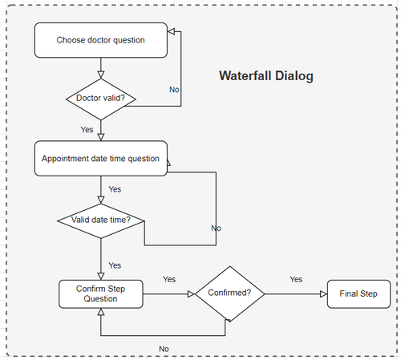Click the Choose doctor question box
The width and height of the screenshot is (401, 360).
click(x=100, y=40)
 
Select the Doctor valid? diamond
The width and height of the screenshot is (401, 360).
click(x=100, y=99)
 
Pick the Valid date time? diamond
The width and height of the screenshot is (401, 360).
click(x=100, y=220)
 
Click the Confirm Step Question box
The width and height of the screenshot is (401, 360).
click(x=100, y=293)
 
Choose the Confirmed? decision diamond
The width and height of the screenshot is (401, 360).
click(x=229, y=293)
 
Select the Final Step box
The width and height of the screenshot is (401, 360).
click(x=358, y=293)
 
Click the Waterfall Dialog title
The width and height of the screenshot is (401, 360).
click(x=265, y=76)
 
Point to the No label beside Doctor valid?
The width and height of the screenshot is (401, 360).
click(x=174, y=89)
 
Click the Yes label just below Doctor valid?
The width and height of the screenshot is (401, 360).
click(x=87, y=129)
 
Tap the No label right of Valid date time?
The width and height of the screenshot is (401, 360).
click(x=216, y=229)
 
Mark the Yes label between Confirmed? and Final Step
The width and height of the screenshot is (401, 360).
click(x=296, y=279)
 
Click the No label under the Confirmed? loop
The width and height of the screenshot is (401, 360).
click(x=164, y=349)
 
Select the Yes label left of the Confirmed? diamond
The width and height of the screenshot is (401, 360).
click(x=169, y=279)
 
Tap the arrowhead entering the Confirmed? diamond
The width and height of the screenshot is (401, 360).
click(x=191, y=293)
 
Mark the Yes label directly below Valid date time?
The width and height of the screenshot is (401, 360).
click(x=115, y=265)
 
